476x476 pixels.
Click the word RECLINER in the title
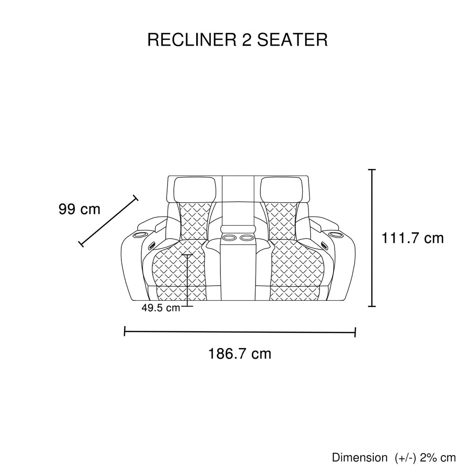tap(192, 40)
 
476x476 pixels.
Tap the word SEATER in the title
tap(292, 40)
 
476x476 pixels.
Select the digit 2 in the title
tap(247, 40)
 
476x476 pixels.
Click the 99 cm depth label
tap(79, 209)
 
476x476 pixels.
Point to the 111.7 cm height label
tap(413, 238)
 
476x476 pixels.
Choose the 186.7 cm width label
tap(239, 354)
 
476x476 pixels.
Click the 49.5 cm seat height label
tap(161, 308)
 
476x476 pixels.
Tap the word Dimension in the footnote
tap(360, 457)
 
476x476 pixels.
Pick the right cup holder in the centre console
tap(247, 237)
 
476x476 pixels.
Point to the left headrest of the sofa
tap(195, 190)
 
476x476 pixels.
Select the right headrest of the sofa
tap(281, 190)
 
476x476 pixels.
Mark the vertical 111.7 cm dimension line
tap(372, 238)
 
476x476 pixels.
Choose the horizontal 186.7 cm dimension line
tap(240, 332)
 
